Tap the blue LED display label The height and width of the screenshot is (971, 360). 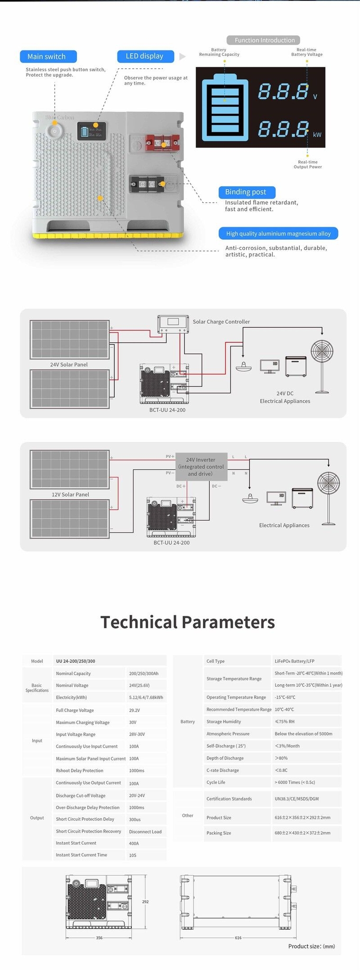click(x=145, y=56)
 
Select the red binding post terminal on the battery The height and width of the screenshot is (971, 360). click(x=162, y=142)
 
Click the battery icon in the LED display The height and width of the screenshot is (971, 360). click(x=224, y=109)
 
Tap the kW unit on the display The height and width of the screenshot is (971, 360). click(x=317, y=135)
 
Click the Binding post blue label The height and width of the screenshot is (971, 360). click(x=246, y=192)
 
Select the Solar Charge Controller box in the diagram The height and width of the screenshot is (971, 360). click(x=173, y=323)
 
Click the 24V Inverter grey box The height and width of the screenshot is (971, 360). click(x=201, y=467)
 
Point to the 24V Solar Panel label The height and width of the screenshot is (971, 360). click(x=69, y=365)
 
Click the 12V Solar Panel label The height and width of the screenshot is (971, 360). click(x=70, y=495)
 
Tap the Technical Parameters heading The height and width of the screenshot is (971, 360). click(x=187, y=622)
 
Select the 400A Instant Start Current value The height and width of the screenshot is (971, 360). click(x=134, y=843)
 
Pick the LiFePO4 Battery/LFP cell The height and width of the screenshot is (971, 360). click(x=294, y=661)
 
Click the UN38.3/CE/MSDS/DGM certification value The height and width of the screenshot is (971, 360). click(x=296, y=799)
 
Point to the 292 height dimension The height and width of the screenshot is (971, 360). click(x=145, y=902)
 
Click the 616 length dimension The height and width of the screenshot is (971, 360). click(x=238, y=938)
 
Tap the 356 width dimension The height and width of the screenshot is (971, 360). click(x=99, y=938)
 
